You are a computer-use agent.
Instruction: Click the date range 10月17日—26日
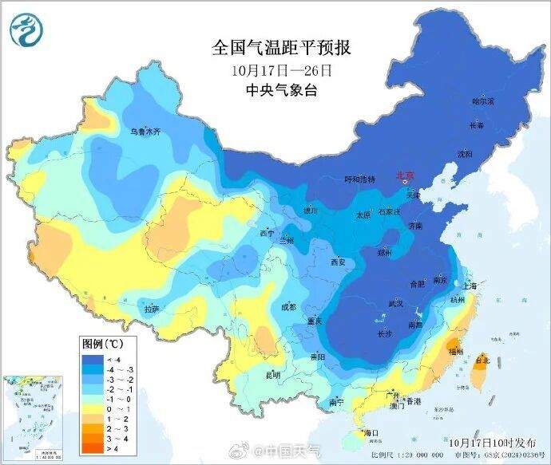point(281,70)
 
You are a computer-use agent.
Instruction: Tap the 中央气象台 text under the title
point(281,91)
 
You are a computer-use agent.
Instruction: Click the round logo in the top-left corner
point(26,30)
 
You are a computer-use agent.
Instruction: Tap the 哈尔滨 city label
point(483,101)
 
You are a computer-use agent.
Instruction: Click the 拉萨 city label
point(152,309)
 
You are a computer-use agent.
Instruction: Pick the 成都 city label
point(288,307)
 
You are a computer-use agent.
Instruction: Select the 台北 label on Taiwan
point(482,359)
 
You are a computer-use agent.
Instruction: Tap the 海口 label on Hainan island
point(370,433)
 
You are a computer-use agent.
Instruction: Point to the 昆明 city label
point(273,373)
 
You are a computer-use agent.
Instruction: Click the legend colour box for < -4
point(90,360)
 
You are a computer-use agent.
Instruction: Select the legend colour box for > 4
point(90,447)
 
